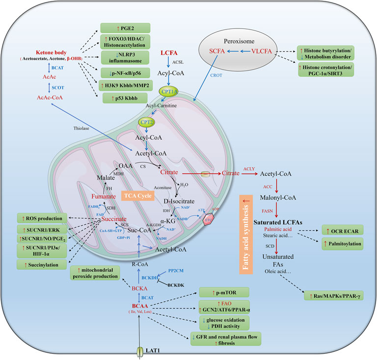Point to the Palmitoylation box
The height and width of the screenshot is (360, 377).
[x=344, y=243]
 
